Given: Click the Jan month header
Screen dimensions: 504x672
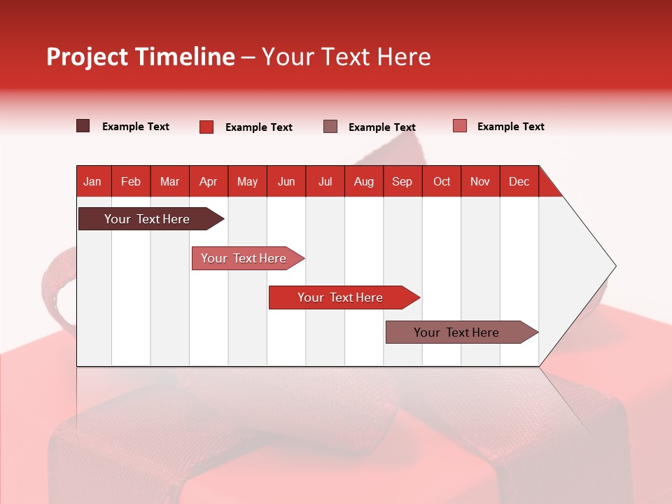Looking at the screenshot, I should pos(92,181).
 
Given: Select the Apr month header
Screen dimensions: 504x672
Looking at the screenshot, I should pos(208,181).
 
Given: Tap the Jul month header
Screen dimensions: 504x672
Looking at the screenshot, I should pos(325,181).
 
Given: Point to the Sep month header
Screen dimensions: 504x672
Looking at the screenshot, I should pos(402,181).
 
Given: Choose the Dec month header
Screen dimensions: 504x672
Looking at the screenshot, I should pos(519,181).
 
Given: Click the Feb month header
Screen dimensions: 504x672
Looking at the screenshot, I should pos(131,181).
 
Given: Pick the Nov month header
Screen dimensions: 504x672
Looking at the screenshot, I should pos(479,181).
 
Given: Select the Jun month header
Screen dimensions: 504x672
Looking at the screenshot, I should pos(286,181).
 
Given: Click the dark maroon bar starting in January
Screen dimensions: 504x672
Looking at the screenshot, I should pos(147,219).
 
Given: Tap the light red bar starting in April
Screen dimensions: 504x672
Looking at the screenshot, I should pos(244,258).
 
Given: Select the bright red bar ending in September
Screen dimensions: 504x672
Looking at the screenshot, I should pos(340,297).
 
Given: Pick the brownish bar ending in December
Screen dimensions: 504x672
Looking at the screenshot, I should pos(456,332).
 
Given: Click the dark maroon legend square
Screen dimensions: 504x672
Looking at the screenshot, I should pos(83,126).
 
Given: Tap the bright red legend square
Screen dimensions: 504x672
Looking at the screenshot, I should pos(206,127).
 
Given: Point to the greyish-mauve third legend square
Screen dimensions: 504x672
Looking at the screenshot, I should pos(330,126).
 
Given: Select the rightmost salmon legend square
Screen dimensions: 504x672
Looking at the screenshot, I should pos(459,126).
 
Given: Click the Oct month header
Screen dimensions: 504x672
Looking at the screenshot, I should pos(442,181).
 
